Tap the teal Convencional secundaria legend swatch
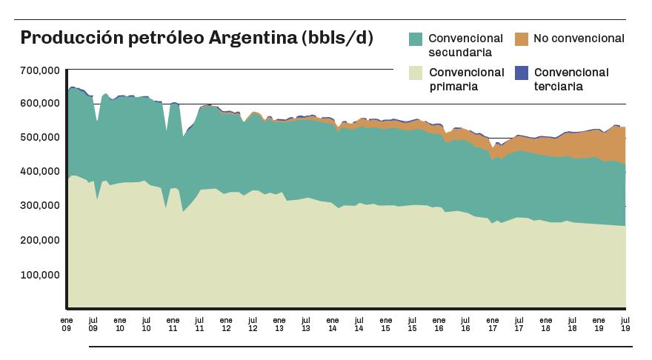pyautogui.click(x=416, y=38)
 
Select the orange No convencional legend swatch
pyautogui.click(x=521, y=38)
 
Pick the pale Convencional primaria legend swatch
pyautogui.click(x=416, y=73)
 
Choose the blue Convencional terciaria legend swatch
pyautogui.click(x=521, y=73)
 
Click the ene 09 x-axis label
pyautogui.click(x=67, y=324)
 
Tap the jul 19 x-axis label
pyautogui.click(x=624, y=324)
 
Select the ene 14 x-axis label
pyautogui.click(x=332, y=324)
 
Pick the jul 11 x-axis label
pyautogui.click(x=199, y=324)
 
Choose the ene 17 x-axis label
pyautogui.click(x=491, y=324)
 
